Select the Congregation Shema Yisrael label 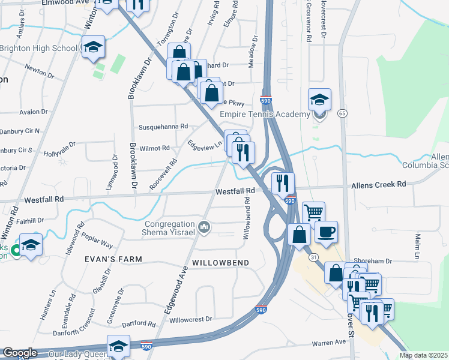(x=167, y=227)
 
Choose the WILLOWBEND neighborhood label (x=220, y=263)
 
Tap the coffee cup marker (x=326, y=232)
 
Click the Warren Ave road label (x=328, y=343)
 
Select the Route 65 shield (x=342, y=113)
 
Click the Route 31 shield (x=313, y=257)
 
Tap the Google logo (x=20, y=353)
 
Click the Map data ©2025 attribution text (x=423, y=355)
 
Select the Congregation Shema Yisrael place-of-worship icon (x=203, y=227)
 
